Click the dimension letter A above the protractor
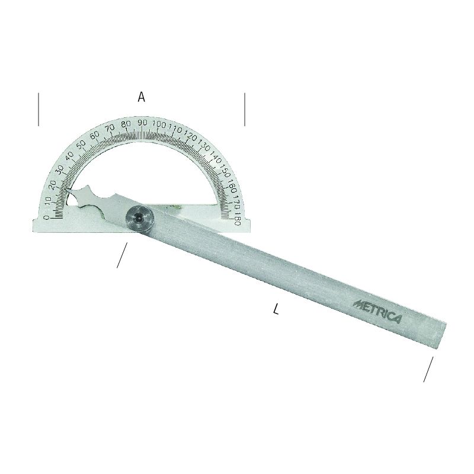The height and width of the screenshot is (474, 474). [x=141, y=97]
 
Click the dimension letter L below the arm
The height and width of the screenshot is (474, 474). [x=276, y=309]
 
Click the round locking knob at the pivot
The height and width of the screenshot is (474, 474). [x=139, y=219]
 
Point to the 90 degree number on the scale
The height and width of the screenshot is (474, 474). [x=142, y=123]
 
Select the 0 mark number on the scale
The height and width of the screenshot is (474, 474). [x=46, y=217]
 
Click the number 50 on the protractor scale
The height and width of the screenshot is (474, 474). [x=81, y=145]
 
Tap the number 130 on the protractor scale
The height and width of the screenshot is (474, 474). [x=204, y=146]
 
